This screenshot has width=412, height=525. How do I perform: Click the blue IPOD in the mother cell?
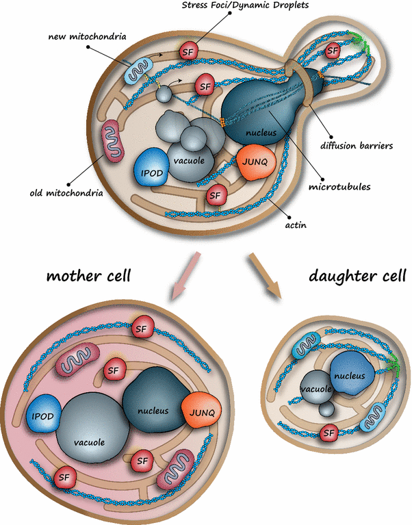coord(43,416)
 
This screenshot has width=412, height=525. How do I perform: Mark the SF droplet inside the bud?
coord(333,50)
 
